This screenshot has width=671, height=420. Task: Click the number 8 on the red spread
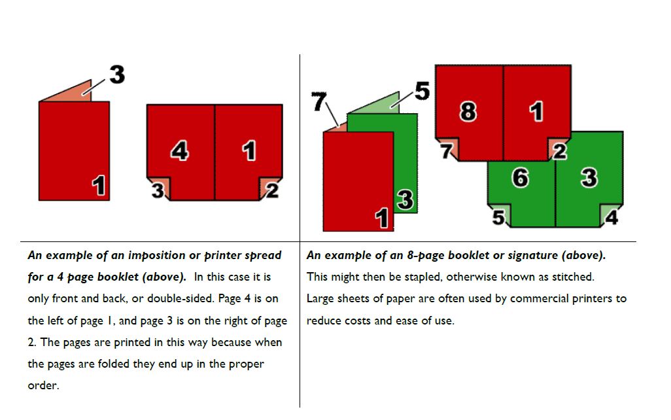[468, 111]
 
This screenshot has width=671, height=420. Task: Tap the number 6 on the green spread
[520, 177]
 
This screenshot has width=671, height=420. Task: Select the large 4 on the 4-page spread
[179, 150]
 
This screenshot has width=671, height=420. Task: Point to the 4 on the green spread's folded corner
[611, 217]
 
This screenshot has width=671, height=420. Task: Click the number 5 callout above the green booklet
[422, 91]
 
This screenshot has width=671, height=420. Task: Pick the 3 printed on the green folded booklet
[405, 200]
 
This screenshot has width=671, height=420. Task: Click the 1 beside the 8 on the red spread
[536, 111]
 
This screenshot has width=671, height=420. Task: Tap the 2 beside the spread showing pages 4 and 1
[273, 190]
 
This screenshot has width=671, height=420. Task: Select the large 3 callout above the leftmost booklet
[117, 75]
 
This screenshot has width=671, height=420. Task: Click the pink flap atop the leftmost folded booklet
[73, 93]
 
